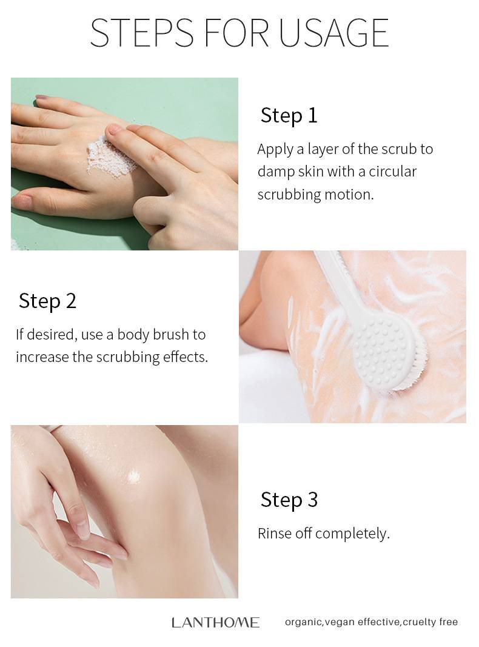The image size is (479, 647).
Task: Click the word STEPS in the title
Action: click(141, 33)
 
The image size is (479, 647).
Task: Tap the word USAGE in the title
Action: click(333, 33)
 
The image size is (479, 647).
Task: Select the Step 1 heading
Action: click(289, 116)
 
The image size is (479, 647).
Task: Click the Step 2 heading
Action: click(47, 301)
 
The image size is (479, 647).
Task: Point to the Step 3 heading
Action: click(289, 500)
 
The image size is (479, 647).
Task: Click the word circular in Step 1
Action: click(392, 171)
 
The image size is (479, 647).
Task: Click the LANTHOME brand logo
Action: click(215, 622)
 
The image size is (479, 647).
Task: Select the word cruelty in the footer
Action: click(418, 622)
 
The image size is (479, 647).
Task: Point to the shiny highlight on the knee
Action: click(133, 477)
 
